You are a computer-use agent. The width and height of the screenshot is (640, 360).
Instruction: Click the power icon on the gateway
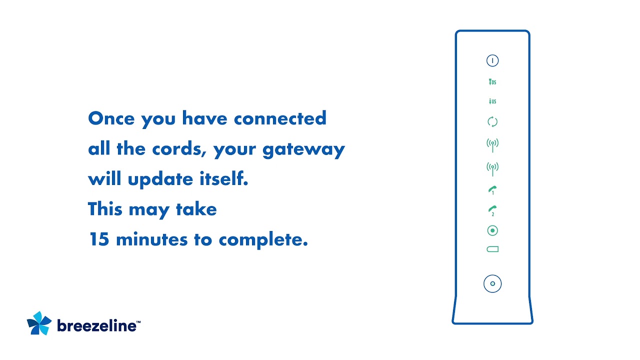click(492, 60)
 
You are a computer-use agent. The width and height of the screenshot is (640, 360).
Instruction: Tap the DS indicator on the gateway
click(492, 81)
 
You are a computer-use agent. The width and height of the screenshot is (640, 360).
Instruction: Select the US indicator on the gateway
click(492, 101)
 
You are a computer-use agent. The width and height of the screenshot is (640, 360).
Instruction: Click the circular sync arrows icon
click(492, 121)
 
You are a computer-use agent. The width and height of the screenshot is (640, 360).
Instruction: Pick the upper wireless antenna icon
click(492, 145)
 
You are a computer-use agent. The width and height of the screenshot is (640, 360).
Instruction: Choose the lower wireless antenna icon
click(492, 168)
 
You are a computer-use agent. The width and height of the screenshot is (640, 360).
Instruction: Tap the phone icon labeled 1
click(492, 190)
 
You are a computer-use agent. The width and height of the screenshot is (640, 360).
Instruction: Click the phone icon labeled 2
click(492, 210)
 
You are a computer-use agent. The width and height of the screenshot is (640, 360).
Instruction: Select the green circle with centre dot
click(492, 230)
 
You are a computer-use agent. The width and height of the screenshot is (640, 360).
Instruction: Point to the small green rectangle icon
click(492, 249)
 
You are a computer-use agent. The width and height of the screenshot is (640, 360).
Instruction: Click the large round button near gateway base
click(492, 283)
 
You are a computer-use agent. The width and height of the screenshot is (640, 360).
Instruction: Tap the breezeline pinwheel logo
click(39, 323)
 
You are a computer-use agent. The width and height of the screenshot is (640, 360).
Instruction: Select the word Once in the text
click(111, 118)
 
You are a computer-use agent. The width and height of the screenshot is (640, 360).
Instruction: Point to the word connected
click(280, 118)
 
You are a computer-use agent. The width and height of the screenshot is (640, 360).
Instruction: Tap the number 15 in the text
click(99, 239)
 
